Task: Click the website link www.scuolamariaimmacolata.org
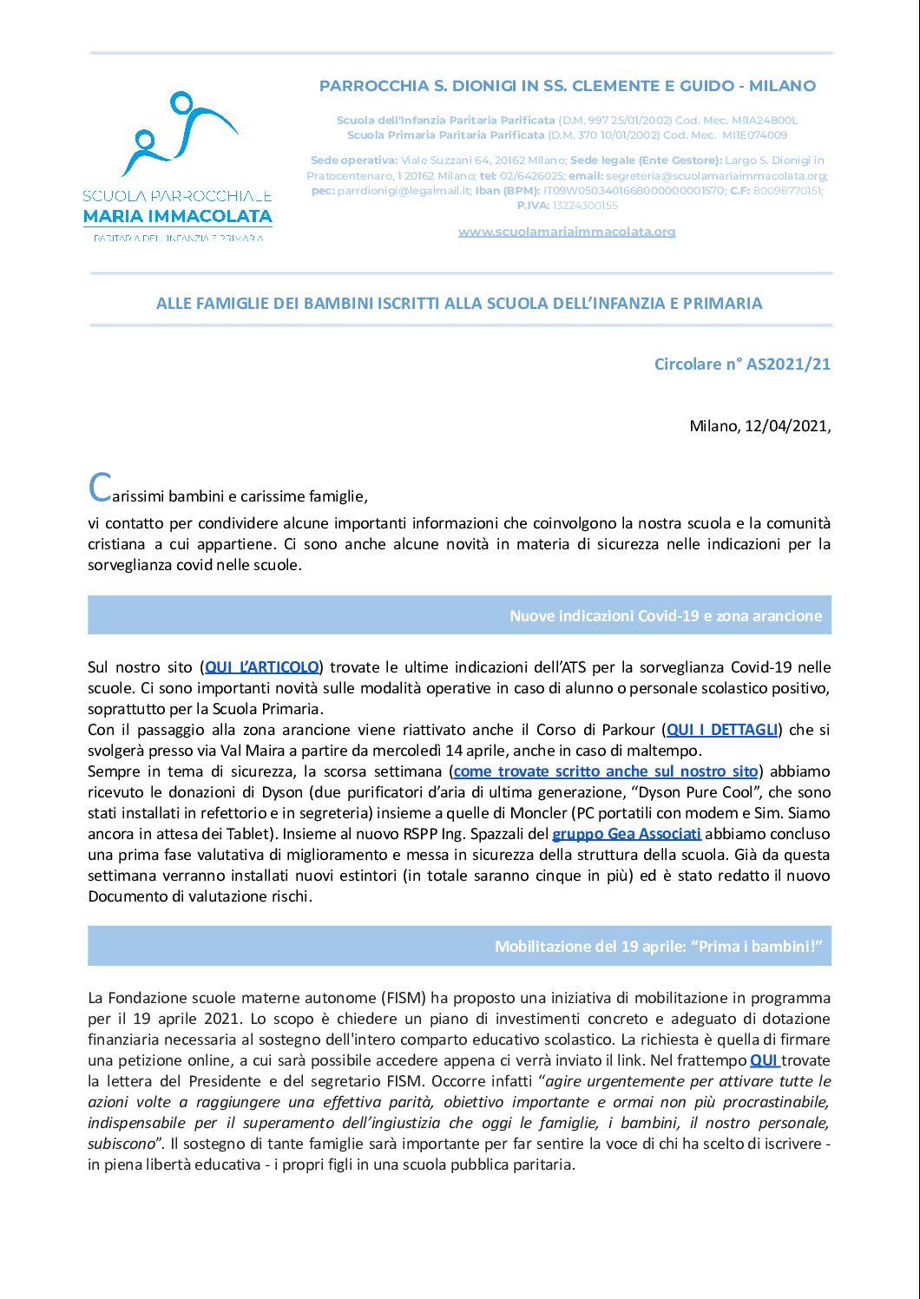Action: [x=566, y=232]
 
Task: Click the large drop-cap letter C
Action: [x=100, y=489]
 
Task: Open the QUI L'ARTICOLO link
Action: [x=261, y=667]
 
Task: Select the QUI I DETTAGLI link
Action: [x=722, y=730]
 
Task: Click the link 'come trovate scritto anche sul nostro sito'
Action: [x=606, y=771]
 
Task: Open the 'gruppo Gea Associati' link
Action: [x=626, y=834]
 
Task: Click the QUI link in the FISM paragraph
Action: [x=764, y=1060]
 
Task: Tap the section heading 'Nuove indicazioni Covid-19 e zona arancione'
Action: [x=665, y=616]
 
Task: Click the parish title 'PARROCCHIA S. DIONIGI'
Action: [x=567, y=86]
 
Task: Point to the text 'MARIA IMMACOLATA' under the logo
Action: [x=177, y=216]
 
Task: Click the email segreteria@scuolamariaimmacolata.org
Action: [x=715, y=175]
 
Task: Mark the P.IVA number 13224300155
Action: [x=585, y=206]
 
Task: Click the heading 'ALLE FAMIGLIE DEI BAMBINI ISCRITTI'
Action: [x=459, y=304]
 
